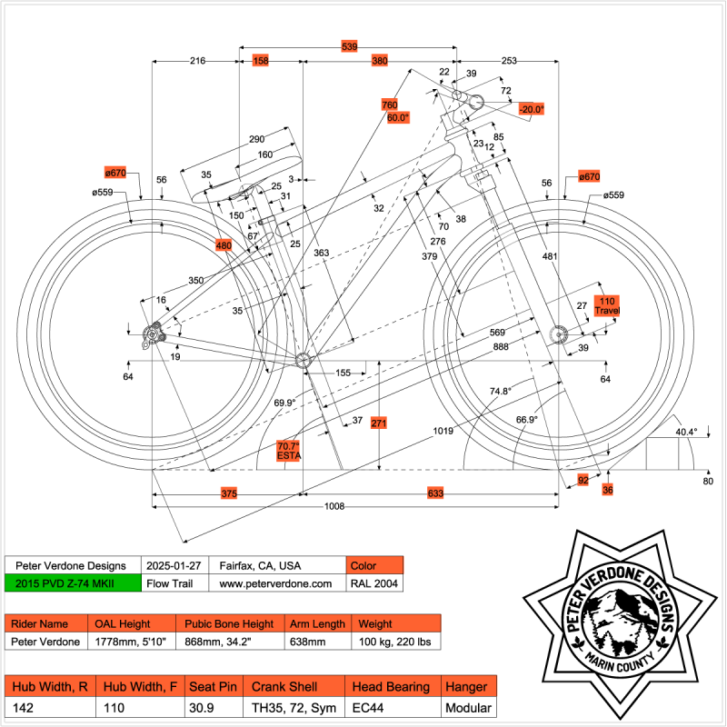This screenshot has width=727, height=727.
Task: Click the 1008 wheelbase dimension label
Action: (x=334, y=506)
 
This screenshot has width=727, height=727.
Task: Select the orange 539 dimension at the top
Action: (x=349, y=45)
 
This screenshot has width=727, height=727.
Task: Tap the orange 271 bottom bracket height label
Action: (x=379, y=423)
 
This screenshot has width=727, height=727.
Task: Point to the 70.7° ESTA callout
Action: (x=288, y=451)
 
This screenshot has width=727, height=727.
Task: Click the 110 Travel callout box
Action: (x=606, y=305)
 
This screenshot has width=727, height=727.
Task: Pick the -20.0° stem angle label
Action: (x=531, y=109)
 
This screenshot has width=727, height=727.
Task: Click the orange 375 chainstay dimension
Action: (x=229, y=493)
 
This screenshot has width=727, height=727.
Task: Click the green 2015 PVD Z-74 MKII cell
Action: (x=73, y=583)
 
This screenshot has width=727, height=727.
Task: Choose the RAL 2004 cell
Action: (x=373, y=583)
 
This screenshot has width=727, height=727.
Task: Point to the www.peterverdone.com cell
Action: (x=277, y=583)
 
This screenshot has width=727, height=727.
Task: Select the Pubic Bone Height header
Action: (x=229, y=624)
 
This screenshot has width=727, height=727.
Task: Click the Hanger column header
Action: (x=468, y=687)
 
